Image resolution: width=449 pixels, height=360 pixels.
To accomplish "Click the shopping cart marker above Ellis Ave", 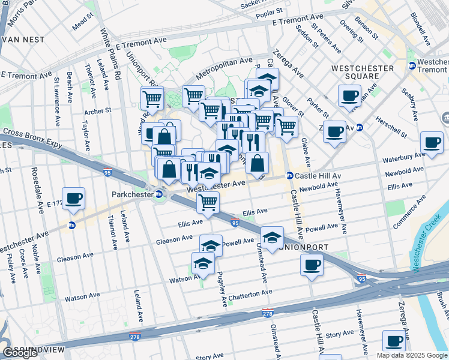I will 208,202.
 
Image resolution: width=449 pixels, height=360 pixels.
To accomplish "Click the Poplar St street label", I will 269,12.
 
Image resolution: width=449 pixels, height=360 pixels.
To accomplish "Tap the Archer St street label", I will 98,110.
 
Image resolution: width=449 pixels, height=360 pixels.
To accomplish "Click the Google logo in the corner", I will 20,352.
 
